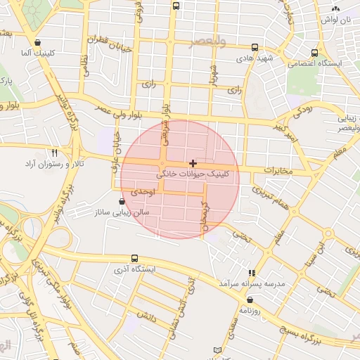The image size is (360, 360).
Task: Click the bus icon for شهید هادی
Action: (x=255, y=48)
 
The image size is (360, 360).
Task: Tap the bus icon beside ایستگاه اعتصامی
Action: (x=314, y=52)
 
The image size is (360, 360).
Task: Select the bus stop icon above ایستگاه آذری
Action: (x=134, y=259)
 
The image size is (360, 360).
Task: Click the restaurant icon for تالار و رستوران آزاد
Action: (x=54, y=153)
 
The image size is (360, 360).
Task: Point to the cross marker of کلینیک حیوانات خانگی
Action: (x=193, y=163)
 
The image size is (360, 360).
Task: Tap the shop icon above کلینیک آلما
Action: (x=37, y=42)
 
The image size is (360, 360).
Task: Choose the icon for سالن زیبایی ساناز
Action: (x=122, y=202)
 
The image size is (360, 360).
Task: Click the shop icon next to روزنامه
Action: (x=250, y=300)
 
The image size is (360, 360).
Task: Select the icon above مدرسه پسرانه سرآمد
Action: (x=252, y=273)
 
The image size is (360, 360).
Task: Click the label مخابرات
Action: (x=278, y=171)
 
